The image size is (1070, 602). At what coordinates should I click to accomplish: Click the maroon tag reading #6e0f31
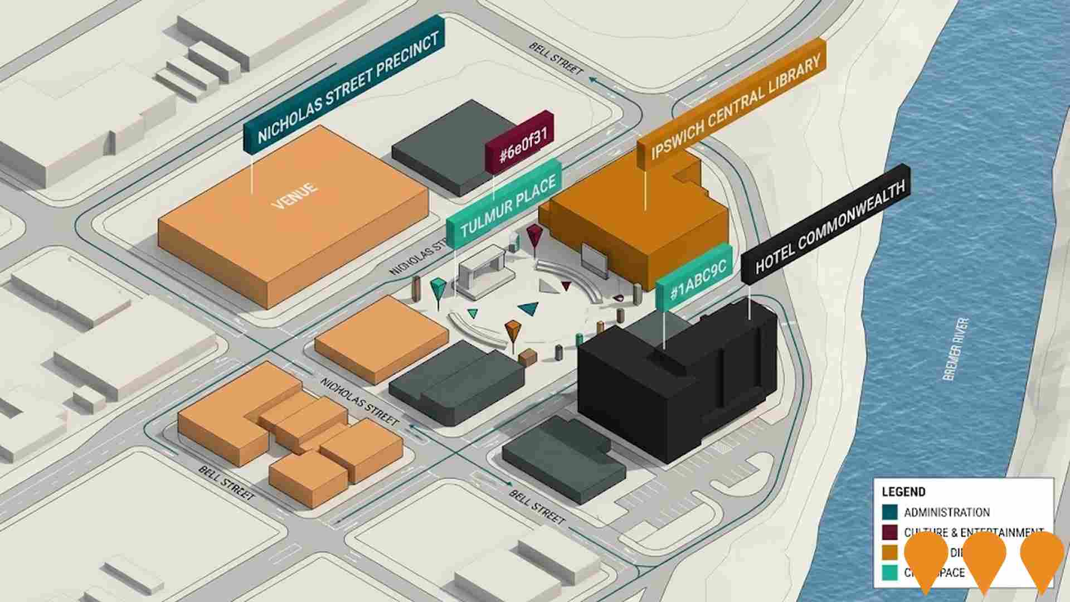point(519,142)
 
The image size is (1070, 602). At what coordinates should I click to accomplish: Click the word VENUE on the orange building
point(294,195)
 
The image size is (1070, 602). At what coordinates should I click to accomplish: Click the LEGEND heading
point(903,492)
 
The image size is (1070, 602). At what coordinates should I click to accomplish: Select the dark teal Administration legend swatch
point(890,512)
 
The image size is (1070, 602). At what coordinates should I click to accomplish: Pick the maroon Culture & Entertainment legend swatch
point(890,532)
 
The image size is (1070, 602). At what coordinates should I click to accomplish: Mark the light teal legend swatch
point(890,572)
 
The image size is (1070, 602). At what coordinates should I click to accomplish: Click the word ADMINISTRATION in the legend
point(947,512)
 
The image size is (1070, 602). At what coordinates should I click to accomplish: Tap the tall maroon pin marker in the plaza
point(534,237)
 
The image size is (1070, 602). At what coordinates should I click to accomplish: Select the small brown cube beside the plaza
point(527,357)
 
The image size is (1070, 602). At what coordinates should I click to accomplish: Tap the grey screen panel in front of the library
point(594,259)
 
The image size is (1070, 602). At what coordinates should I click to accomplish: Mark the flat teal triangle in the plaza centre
point(529,308)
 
